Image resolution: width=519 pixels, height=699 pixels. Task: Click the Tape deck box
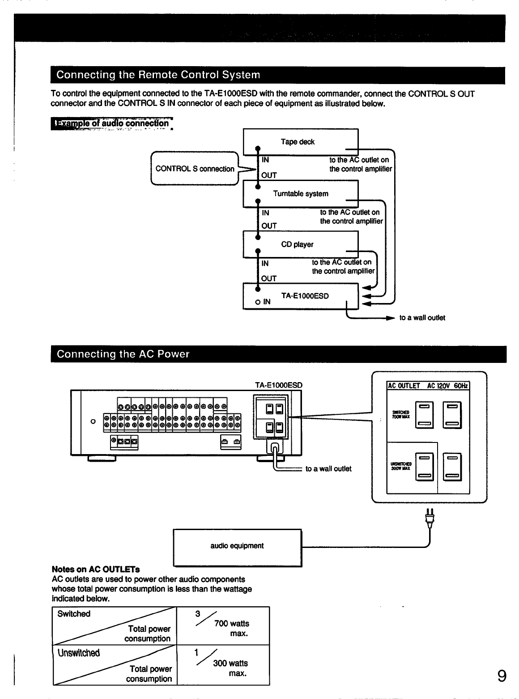(300, 142)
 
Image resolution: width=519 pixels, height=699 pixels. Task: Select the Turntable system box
(300, 194)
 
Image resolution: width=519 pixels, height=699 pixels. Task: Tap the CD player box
(300, 244)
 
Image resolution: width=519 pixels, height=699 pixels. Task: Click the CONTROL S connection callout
(195, 169)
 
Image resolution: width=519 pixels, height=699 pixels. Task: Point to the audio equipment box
(237, 546)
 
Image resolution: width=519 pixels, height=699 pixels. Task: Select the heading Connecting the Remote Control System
(158, 75)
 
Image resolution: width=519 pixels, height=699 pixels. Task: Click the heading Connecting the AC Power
(123, 354)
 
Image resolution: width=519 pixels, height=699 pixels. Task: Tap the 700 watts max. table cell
(223, 626)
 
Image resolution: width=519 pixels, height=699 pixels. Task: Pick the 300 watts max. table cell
(223, 665)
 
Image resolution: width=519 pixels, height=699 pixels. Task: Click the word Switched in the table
(74, 614)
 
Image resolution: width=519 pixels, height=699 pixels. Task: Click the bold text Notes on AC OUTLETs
(96, 569)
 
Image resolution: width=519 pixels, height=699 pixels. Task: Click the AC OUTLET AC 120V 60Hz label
(428, 386)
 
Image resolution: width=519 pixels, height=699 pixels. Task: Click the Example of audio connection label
(112, 123)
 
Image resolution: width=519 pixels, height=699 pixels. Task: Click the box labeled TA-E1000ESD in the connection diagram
(300, 296)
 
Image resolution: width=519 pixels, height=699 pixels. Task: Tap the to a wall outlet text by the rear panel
(328, 469)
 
